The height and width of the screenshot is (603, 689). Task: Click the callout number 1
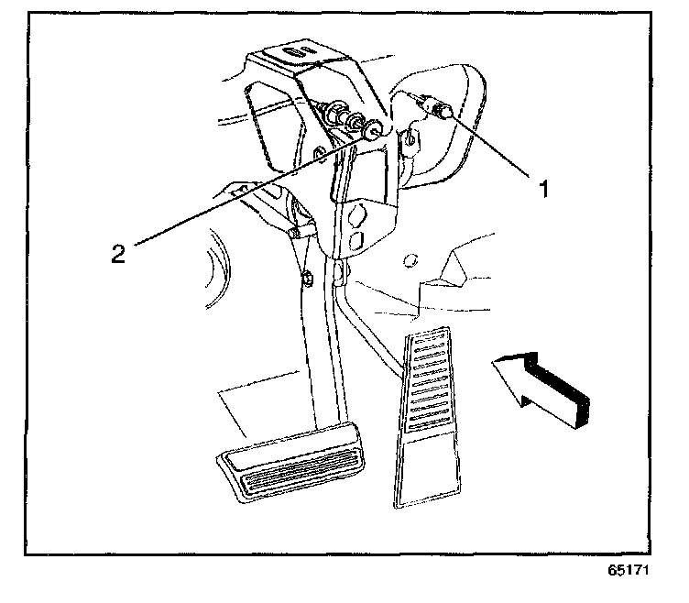(543, 189)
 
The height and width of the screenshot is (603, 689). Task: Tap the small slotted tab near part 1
(410, 138)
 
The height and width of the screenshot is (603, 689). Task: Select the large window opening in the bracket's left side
(267, 119)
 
